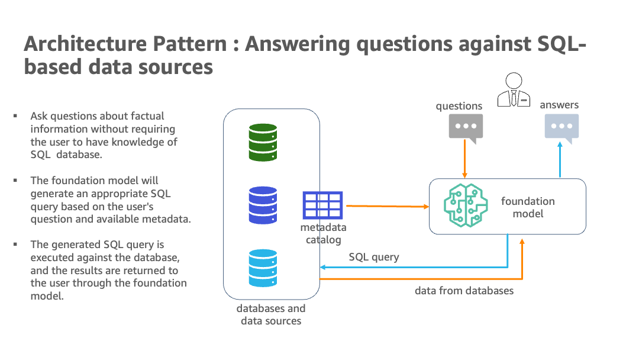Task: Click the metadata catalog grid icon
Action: pos(322,205)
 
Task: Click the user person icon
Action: pos(513,90)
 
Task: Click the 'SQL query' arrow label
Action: pos(374,257)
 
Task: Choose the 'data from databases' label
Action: pos(464,291)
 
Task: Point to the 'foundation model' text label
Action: pos(528,207)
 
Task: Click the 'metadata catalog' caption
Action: pos(323,233)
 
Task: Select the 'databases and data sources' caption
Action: pos(271,314)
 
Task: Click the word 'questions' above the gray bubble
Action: pos(459,106)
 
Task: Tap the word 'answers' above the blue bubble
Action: pos(559,105)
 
